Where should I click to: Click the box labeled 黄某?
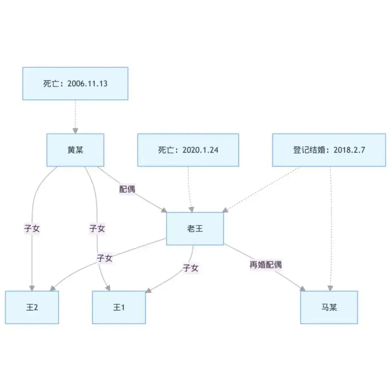75,150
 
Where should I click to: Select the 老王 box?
195,228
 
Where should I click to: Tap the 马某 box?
329,307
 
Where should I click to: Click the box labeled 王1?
119,307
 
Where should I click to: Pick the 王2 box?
32,307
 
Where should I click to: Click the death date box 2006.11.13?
75,83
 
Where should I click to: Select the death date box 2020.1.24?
188,150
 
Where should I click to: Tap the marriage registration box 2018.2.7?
329,150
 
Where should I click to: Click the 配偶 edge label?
127,189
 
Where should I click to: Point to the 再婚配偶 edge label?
265,265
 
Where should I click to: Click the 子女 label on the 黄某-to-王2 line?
32,228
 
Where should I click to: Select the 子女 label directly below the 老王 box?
190,268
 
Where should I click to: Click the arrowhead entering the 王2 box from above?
32,288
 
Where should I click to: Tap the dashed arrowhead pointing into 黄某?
75,131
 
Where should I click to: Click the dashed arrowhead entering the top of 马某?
330,288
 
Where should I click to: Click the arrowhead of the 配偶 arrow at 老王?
164,210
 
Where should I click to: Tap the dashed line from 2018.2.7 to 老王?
261,189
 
